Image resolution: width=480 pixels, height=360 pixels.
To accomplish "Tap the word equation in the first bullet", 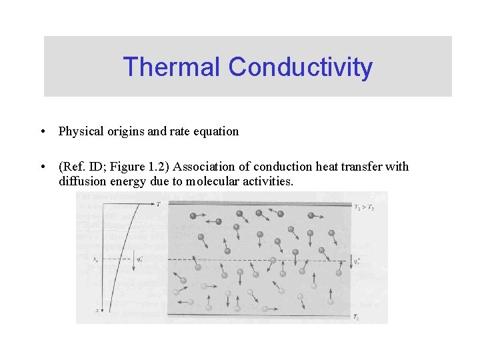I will tap(216, 131).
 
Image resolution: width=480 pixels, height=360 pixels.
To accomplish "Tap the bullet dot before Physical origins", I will tap(42, 131).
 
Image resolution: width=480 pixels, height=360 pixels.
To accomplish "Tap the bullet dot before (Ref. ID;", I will tap(42, 167).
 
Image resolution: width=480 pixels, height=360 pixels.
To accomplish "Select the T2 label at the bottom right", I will tap(357, 319).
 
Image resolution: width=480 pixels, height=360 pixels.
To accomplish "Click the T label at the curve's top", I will tap(158, 205).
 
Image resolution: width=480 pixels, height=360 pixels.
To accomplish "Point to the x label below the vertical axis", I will tap(97, 310).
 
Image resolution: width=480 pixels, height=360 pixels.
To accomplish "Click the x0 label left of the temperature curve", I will tap(97, 259).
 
